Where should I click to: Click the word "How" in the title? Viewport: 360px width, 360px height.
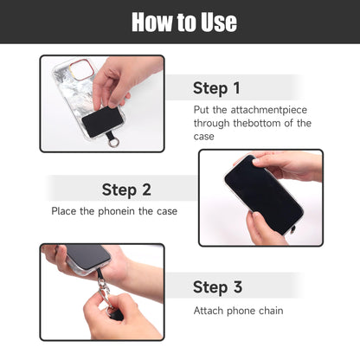click(x=151, y=22)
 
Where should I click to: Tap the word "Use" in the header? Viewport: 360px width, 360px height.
click(x=216, y=22)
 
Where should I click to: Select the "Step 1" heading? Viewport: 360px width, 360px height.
click(x=216, y=88)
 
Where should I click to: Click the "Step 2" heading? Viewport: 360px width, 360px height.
click(x=126, y=190)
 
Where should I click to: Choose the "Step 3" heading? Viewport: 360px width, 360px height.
click(x=217, y=287)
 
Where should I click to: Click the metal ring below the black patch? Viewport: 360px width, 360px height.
click(x=113, y=140)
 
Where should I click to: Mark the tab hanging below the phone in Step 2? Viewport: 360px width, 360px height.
click(x=293, y=230)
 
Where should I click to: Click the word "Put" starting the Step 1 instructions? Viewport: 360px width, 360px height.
click(x=202, y=110)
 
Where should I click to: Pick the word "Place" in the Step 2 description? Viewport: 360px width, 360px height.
click(x=66, y=211)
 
